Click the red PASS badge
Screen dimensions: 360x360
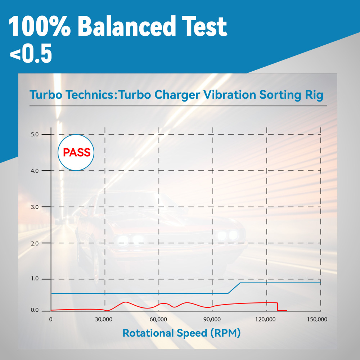(76, 152)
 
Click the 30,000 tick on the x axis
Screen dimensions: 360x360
(104, 319)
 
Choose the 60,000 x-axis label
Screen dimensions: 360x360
(158, 319)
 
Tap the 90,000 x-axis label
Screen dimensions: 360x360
(212, 319)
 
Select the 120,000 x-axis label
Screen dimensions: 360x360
(266, 319)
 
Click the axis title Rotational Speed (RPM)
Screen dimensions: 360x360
(181, 333)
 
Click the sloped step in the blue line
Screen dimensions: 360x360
(234, 288)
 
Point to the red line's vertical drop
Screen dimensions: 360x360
(278, 306)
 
